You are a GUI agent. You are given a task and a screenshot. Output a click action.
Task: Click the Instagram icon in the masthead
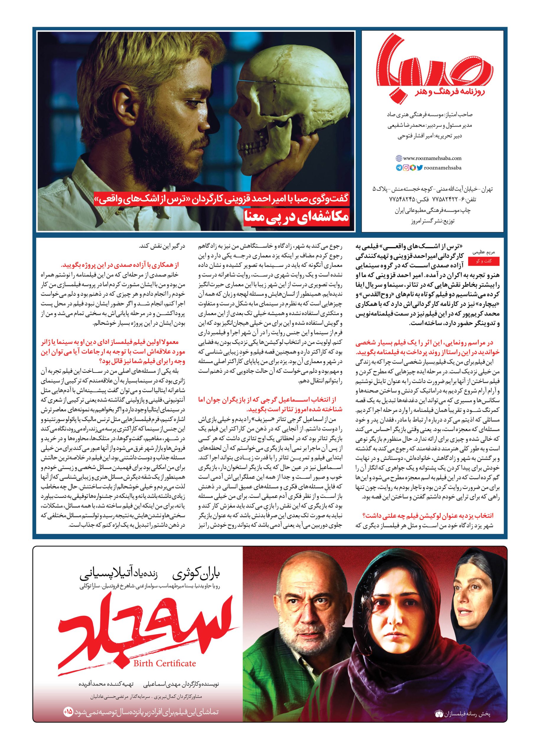point(406,168)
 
